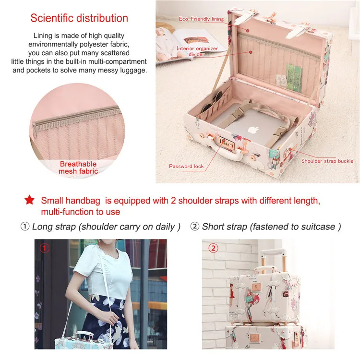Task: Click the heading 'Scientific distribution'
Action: pyautogui.click(x=79, y=18)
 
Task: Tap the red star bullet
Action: pyautogui.click(x=30, y=200)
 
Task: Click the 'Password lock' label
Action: pyautogui.click(x=186, y=166)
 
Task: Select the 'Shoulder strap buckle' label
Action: pyautogui.click(x=327, y=161)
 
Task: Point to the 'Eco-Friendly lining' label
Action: pyautogui.click(x=201, y=19)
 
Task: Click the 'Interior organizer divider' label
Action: pyautogui.click(x=197, y=51)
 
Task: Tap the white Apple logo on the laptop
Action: pyautogui.click(x=253, y=131)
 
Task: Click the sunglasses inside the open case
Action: pyautogui.click(x=213, y=101)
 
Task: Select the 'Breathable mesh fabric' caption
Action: pyautogui.click(x=78, y=168)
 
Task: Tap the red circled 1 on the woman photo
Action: pyautogui.click(x=45, y=248)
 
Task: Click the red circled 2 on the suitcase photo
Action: pyautogui.click(x=213, y=248)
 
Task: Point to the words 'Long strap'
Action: pyautogui.click(x=54, y=227)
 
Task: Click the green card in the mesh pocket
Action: pyautogui.click(x=294, y=77)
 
